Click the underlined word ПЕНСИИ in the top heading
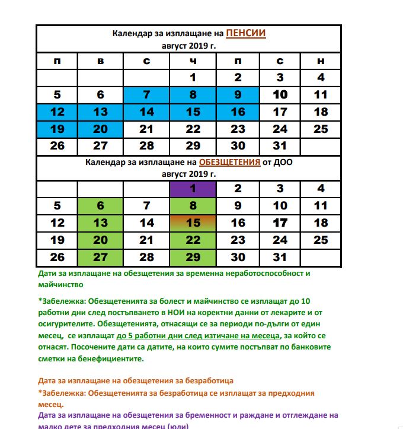click(246, 33)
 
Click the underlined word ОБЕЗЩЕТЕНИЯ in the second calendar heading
click(229, 162)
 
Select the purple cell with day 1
click(192, 189)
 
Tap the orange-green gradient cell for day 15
click(192, 223)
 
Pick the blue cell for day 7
click(146, 94)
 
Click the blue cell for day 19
click(57, 129)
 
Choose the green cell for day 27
click(100, 258)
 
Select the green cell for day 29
click(192, 258)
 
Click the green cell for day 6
click(100, 206)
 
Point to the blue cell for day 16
click(238, 112)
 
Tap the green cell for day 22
click(192, 240)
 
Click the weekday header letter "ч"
click(193, 61)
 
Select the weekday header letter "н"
click(321, 61)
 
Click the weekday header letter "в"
click(100, 61)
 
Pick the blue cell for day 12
click(57, 112)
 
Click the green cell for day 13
click(100, 223)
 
